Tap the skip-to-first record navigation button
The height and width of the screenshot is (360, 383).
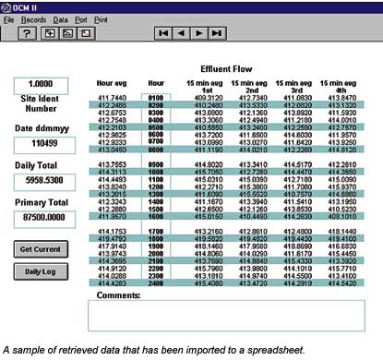click(162, 32)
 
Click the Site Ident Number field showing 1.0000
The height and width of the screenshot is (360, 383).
click(41, 84)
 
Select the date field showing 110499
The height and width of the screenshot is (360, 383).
click(41, 145)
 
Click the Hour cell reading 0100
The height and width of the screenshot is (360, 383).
click(156, 96)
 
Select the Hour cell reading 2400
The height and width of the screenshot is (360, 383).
click(156, 283)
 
